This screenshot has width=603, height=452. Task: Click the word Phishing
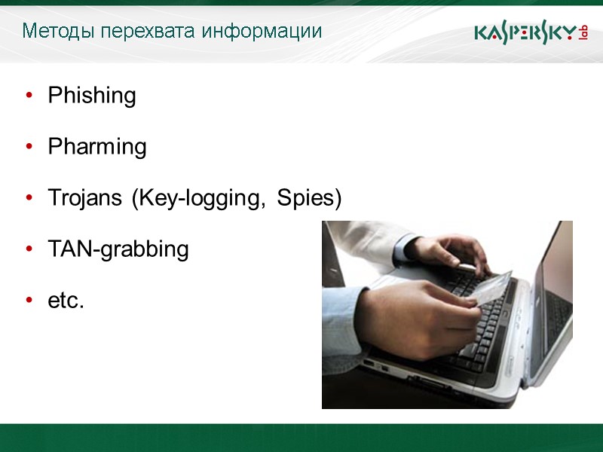[92, 96]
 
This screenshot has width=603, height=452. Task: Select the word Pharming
[97, 147]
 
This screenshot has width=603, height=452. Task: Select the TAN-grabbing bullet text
[118, 249]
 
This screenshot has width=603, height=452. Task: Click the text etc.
[66, 301]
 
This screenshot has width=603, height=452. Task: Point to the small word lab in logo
[583, 32]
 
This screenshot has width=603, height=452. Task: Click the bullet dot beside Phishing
[29, 96]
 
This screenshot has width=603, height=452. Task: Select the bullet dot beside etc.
[29, 301]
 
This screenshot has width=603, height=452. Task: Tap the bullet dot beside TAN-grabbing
[29, 249]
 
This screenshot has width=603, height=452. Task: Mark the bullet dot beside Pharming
[29, 147]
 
